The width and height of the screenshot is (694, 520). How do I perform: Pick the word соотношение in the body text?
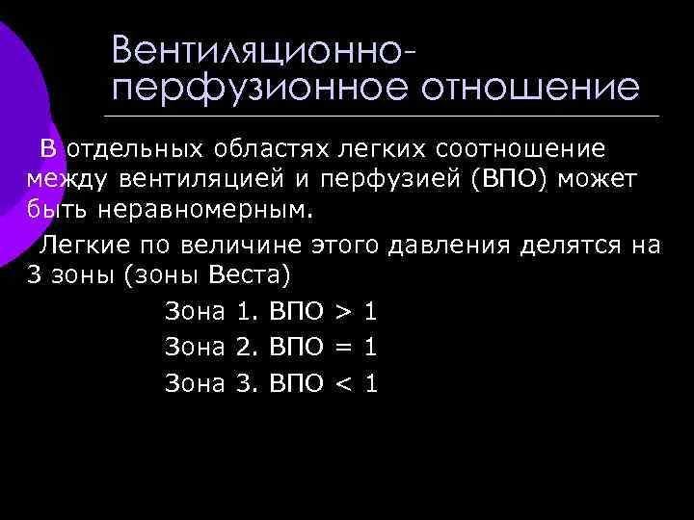click(x=520, y=149)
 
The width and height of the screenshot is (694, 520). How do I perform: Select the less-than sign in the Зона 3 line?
click(x=341, y=383)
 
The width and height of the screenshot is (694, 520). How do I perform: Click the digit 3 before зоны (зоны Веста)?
click(x=36, y=275)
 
